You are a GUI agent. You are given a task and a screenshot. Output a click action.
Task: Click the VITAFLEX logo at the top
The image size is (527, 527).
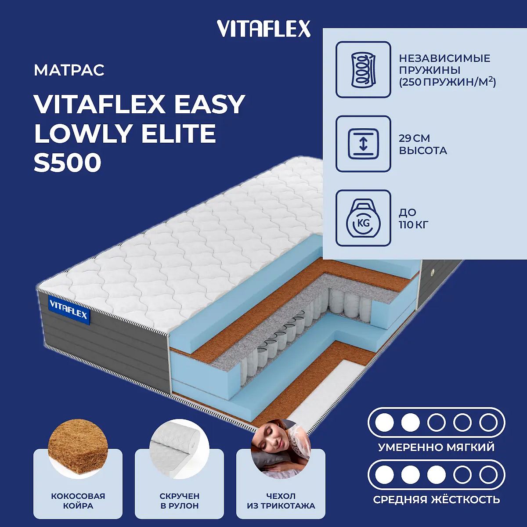click(263, 29)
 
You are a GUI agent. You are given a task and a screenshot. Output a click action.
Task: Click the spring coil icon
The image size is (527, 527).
click(363, 69)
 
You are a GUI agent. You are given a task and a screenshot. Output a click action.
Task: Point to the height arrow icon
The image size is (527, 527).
click(363, 144)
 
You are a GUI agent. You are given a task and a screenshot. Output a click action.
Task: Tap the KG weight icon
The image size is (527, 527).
click(363, 218)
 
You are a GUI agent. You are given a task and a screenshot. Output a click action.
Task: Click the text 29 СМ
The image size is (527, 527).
click(414, 138)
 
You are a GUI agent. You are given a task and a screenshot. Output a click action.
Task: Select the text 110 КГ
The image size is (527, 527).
click(414, 224)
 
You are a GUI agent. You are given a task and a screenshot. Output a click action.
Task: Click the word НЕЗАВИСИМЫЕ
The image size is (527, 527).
click(444, 58)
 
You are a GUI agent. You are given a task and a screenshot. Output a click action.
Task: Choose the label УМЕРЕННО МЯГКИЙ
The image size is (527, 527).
click(437, 447)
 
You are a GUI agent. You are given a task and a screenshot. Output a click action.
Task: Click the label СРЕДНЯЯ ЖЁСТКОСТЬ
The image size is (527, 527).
click(437, 500)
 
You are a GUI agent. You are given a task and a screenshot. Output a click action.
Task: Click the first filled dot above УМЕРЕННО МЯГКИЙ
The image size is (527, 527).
click(385, 422)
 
